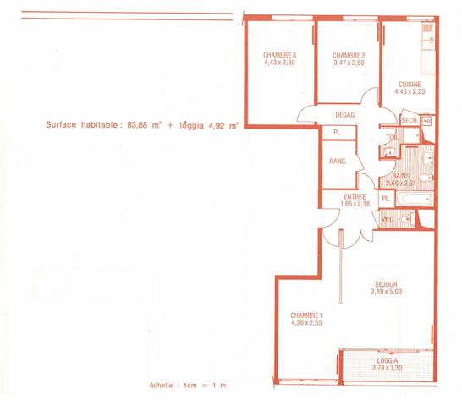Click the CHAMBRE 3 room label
pyautogui.click(x=278, y=54)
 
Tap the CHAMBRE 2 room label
pyautogui.click(x=349, y=54)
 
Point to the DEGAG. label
pyautogui.click(x=345, y=115)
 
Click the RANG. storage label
pyautogui.click(x=338, y=161)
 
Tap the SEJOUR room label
pyautogui.click(x=386, y=283)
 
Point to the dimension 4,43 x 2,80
pyautogui.click(x=278, y=63)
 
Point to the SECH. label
pyautogui.click(x=410, y=121)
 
